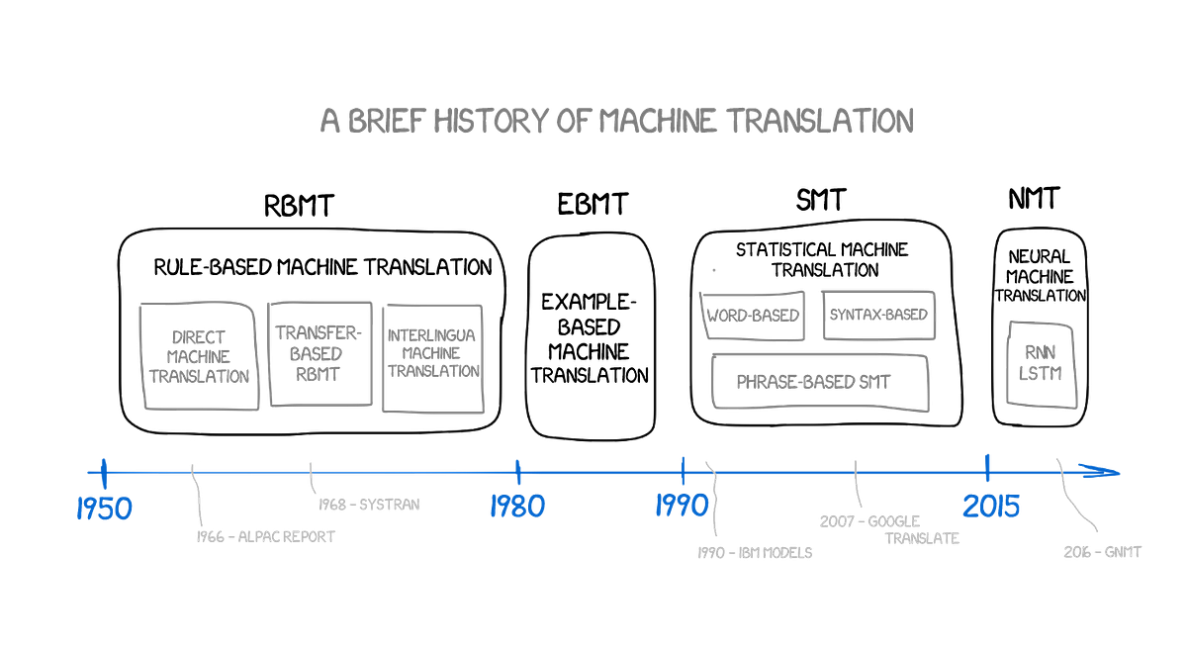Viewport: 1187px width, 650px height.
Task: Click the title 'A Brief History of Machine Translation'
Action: click(x=617, y=121)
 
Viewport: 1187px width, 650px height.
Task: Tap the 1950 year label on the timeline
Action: click(x=105, y=509)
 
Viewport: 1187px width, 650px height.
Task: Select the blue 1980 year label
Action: click(x=517, y=507)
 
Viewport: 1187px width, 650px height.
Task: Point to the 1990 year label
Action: click(x=682, y=507)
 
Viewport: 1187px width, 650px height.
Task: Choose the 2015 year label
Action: click(x=990, y=507)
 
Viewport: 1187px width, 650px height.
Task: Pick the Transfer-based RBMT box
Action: click(x=320, y=352)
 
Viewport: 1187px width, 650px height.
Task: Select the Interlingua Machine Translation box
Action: click(x=432, y=357)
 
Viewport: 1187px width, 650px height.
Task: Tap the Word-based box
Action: click(x=754, y=314)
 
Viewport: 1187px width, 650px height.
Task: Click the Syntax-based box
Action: click(x=878, y=314)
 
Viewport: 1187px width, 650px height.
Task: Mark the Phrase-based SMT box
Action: click(x=821, y=382)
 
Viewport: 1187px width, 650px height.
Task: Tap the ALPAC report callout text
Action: click(x=265, y=537)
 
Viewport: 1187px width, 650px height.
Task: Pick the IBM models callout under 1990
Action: click(x=756, y=552)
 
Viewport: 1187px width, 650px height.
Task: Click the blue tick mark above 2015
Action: click(x=986, y=465)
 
